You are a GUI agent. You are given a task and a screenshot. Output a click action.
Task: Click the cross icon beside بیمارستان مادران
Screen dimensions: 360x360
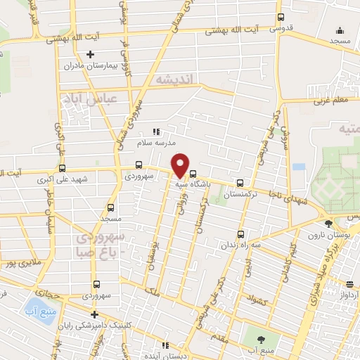click(90, 54)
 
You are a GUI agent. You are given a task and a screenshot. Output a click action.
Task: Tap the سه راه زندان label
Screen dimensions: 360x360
click(241, 245)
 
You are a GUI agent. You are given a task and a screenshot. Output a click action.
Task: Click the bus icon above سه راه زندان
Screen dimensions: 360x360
click(241, 234)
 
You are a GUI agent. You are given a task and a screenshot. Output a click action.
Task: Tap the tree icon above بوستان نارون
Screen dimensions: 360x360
click(330, 223)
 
